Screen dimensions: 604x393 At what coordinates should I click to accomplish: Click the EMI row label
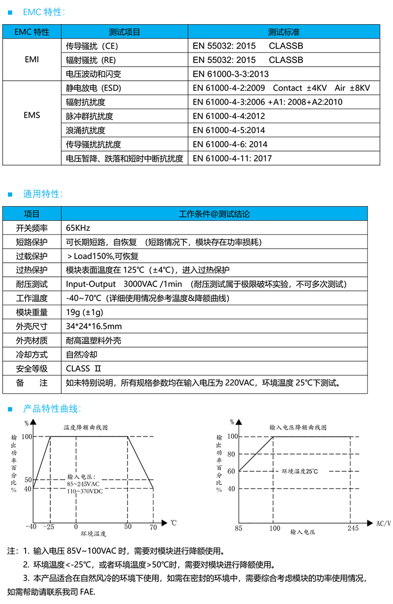[x=31, y=60]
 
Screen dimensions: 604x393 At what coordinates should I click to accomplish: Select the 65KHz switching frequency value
[x=79, y=228]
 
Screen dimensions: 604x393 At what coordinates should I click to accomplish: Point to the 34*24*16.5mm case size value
[x=94, y=327]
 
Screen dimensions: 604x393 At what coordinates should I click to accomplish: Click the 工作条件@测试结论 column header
[x=214, y=214]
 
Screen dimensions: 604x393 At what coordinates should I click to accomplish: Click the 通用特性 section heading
[x=42, y=194]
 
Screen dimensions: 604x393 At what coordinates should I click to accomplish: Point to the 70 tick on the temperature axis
[x=153, y=526]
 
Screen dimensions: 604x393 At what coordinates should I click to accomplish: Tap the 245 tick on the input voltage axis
[x=353, y=528]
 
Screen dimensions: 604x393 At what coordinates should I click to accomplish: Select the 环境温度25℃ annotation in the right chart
[x=300, y=471]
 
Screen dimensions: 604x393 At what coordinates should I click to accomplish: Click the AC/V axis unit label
[x=384, y=523]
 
